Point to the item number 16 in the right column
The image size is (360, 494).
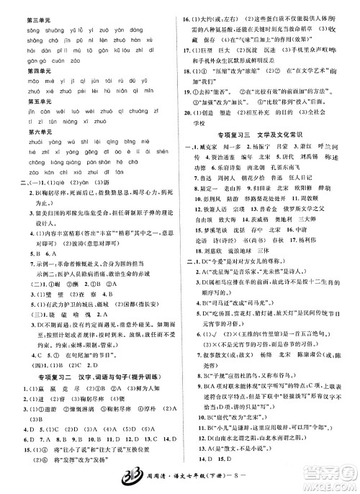pyautogui.click(x=186, y=11)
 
